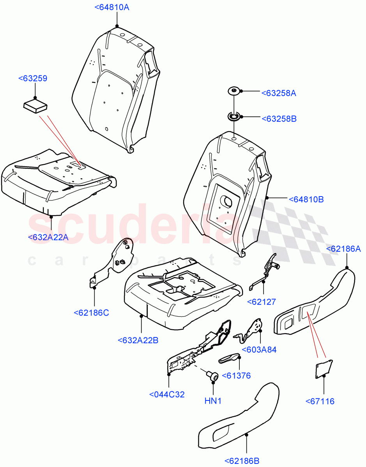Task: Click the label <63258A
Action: click(279, 93)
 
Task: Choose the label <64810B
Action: click(306, 200)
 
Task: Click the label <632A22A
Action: click(48, 237)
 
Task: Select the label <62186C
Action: click(91, 312)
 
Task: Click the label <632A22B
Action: click(138, 340)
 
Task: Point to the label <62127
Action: click(262, 302)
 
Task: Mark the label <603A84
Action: click(259, 349)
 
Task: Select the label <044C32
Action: click(167, 394)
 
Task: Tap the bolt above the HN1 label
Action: click(212, 376)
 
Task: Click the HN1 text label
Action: click(213, 400)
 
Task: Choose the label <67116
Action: click(320, 401)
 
